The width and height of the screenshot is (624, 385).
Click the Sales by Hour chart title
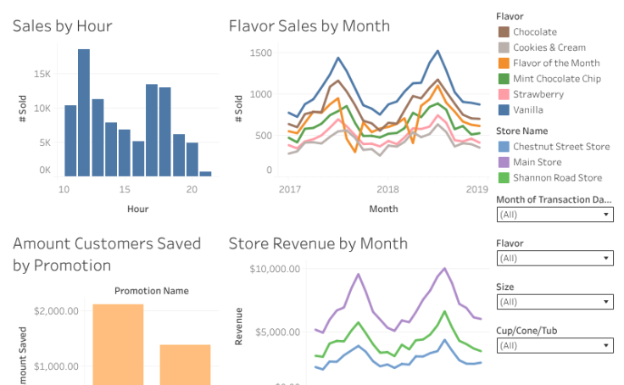click(x=63, y=26)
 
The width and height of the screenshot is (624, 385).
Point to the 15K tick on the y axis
click(x=42, y=75)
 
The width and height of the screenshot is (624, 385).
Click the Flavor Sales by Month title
click(x=309, y=26)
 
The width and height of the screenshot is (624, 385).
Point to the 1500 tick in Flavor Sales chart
click(x=261, y=53)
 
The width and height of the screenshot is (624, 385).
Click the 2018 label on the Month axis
click(x=387, y=189)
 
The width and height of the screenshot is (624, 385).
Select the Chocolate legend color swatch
click(x=503, y=32)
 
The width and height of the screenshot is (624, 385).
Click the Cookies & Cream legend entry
click(x=549, y=47)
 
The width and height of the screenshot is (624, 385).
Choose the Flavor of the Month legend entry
click(x=555, y=63)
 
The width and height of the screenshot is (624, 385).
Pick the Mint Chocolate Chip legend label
click(x=557, y=79)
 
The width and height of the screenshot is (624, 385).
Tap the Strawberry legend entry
click(x=538, y=94)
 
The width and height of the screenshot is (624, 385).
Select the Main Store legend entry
click(x=537, y=162)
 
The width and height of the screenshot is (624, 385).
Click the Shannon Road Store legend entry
click(x=557, y=178)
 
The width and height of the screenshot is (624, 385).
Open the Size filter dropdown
click(x=554, y=301)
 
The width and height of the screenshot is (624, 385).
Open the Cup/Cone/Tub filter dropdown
click(x=554, y=345)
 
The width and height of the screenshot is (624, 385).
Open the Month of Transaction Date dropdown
click(x=554, y=215)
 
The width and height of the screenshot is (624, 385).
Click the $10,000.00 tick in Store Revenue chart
click(x=276, y=270)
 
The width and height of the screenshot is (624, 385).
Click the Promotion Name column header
click(x=151, y=291)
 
